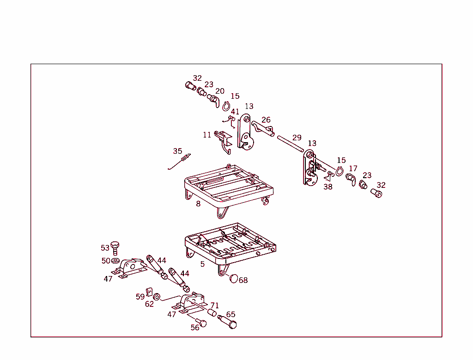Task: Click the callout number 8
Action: tap(198, 204)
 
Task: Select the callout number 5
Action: tap(202, 264)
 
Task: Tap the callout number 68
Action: tap(243, 280)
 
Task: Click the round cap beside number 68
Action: tap(234, 278)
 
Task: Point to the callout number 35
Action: tap(177, 151)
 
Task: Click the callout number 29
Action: tap(297, 138)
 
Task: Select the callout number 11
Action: tap(207, 135)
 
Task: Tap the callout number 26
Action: tap(266, 120)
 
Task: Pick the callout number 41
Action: tap(235, 112)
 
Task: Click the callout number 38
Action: tap(327, 187)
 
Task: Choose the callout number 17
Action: tap(353, 168)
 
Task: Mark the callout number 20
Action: tap(220, 91)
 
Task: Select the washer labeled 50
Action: tap(115, 262)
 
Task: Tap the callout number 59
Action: tap(140, 297)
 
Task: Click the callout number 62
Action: tap(149, 304)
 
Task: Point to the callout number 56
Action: tap(195, 327)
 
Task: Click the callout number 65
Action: tap(230, 315)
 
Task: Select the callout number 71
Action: tap(215, 306)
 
